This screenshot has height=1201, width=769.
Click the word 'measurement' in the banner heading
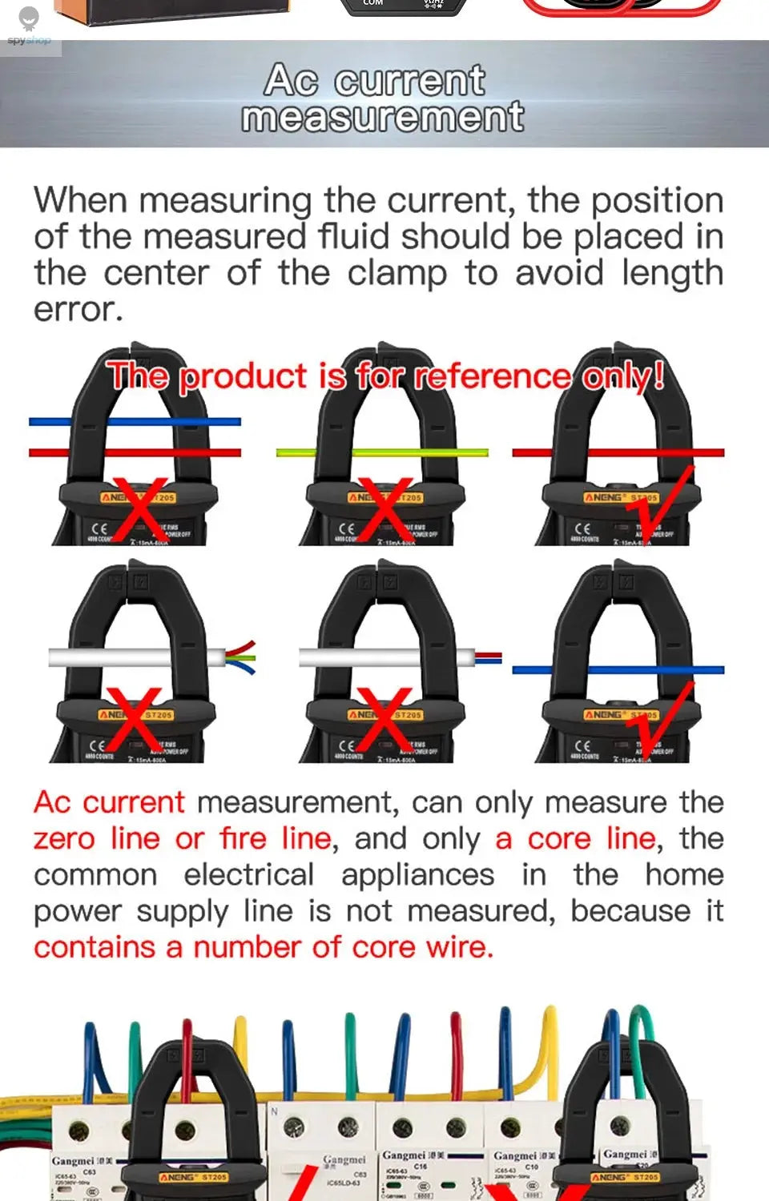(x=383, y=118)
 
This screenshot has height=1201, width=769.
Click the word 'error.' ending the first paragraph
(x=78, y=310)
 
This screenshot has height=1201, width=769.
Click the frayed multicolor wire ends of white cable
(x=241, y=657)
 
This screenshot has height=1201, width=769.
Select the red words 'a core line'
(x=575, y=838)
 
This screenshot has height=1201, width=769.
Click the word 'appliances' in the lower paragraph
(x=417, y=874)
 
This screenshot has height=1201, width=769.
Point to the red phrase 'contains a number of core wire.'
(x=263, y=947)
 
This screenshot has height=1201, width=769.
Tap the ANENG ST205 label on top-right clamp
(x=621, y=498)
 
